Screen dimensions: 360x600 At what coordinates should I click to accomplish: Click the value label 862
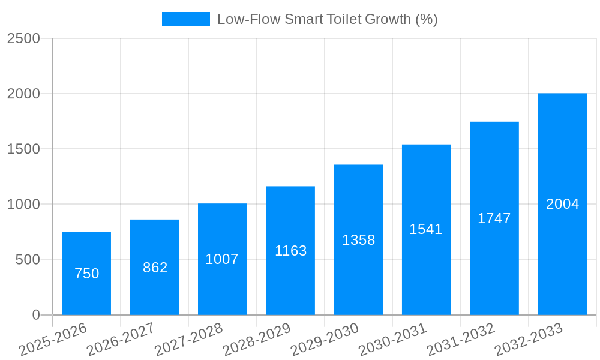coord(155,268)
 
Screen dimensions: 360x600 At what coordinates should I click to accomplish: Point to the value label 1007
coord(222,259)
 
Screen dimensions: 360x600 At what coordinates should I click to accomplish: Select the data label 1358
coord(358,240)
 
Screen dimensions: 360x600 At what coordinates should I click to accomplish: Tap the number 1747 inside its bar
coord(494,218)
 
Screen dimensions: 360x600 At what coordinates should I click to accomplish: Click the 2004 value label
coord(562,204)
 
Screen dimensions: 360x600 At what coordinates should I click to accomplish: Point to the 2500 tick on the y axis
coord(23,38)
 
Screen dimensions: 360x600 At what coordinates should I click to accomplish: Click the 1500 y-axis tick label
coord(23,149)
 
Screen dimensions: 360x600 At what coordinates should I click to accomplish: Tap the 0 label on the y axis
coord(35,315)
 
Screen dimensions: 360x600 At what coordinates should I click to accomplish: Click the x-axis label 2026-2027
coord(121,339)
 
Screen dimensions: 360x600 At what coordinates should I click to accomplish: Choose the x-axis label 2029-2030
coord(325,339)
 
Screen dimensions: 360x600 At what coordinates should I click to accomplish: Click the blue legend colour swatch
coord(186,19)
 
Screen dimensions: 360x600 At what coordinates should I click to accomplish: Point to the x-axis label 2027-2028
coord(189,339)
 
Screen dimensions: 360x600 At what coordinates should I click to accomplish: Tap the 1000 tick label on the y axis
coord(23,205)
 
